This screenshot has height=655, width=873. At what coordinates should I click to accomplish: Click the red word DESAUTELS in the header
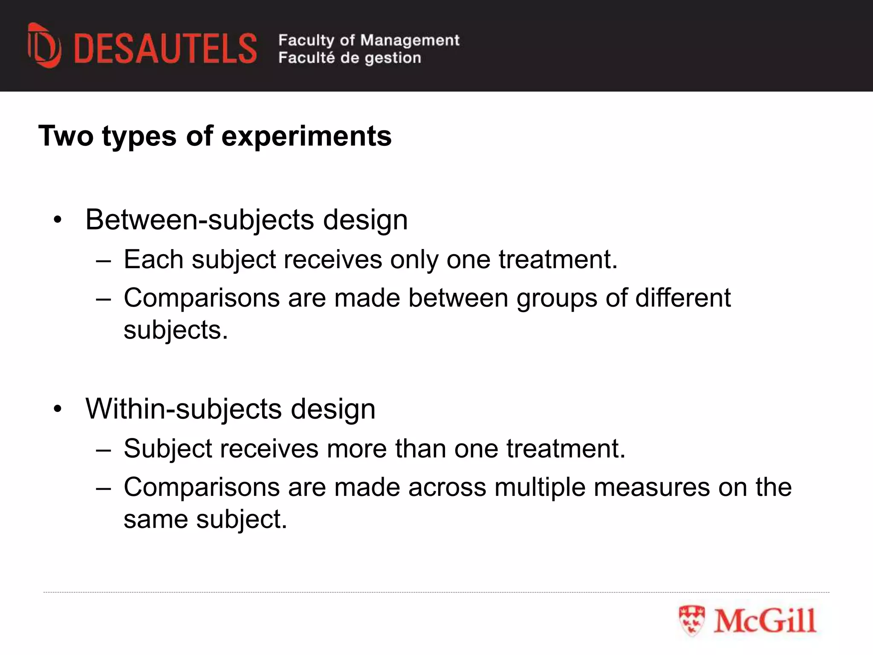(165, 49)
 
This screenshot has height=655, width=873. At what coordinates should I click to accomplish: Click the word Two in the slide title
(66, 136)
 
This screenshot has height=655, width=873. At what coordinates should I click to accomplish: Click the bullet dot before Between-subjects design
(58, 220)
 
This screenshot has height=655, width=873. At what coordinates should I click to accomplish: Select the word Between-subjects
(200, 220)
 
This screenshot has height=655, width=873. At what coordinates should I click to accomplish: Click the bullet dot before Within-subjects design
(58, 409)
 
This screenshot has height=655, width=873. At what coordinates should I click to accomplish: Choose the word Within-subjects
(184, 409)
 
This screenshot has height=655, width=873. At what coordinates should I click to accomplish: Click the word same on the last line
(156, 519)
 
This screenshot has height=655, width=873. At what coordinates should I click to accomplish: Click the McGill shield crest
(692, 620)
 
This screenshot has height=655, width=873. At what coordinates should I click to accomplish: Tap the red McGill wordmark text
(765, 620)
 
